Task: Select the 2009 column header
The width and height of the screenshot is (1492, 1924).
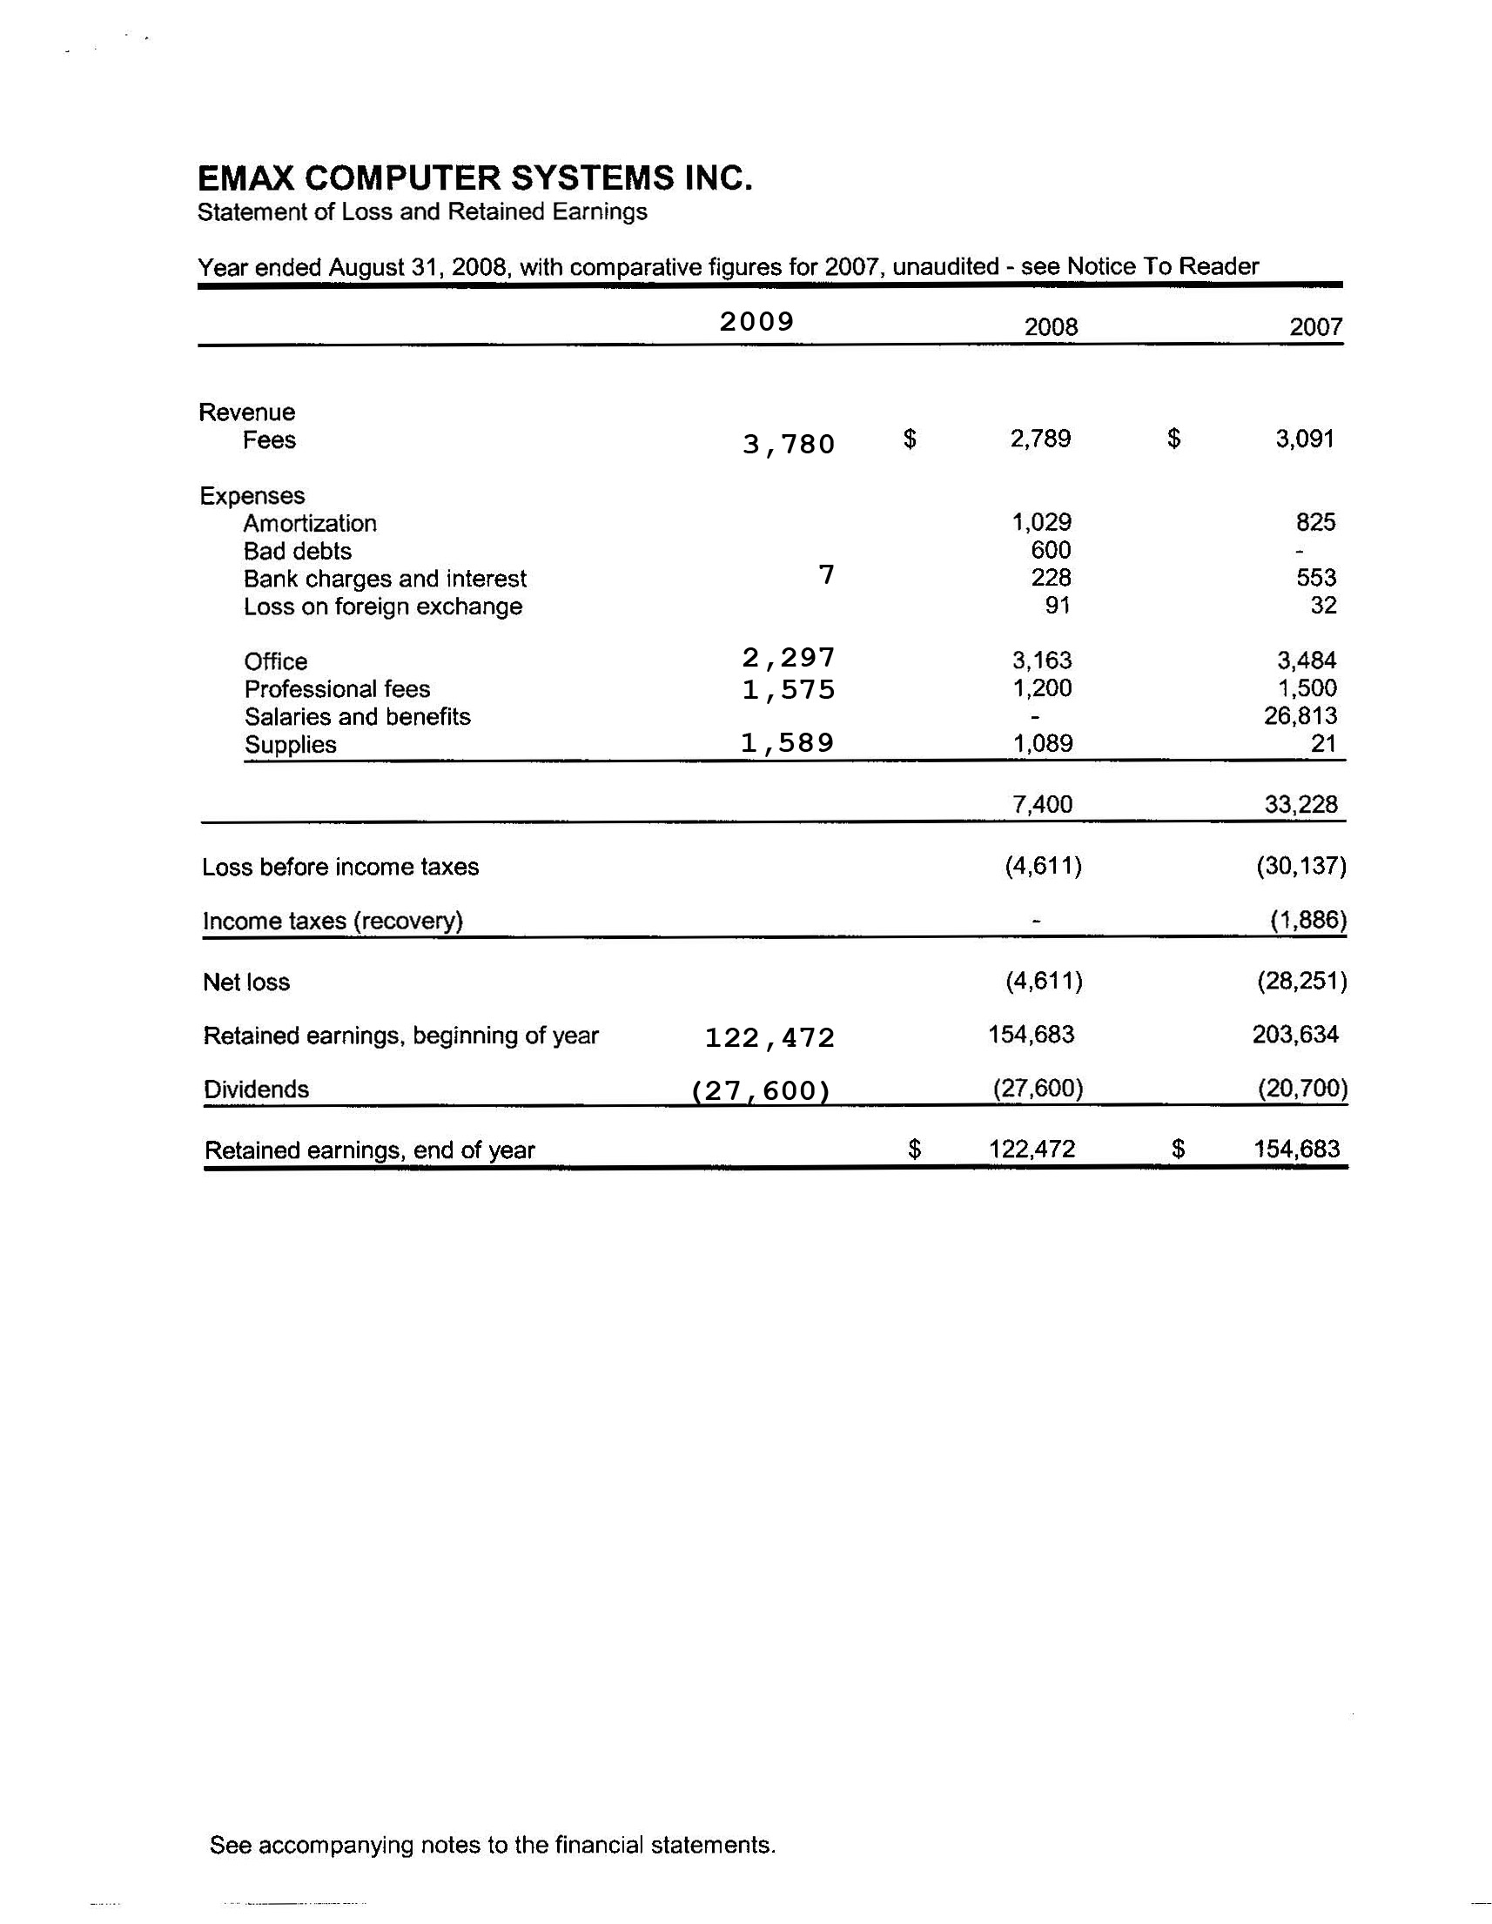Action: coord(757,322)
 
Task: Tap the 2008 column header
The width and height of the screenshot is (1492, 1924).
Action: coord(1051,328)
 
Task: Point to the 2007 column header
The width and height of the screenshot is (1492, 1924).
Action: coord(1315,328)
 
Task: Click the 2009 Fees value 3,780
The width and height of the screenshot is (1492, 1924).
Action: coord(788,444)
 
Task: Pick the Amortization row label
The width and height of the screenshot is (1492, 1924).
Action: coord(309,523)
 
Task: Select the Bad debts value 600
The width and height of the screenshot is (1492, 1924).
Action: coord(1051,551)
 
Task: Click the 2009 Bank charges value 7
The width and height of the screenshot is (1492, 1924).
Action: coord(825,575)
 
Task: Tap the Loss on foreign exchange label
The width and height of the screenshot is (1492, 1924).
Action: coord(382,607)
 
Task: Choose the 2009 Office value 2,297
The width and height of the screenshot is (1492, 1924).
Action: coord(788,658)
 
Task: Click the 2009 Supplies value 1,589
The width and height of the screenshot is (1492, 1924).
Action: coord(787,743)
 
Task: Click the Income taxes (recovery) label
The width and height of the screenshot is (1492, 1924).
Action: coord(333,922)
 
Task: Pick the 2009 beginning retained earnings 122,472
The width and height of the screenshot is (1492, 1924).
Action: coord(770,1039)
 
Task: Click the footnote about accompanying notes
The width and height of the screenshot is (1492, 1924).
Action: coord(493,1845)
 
